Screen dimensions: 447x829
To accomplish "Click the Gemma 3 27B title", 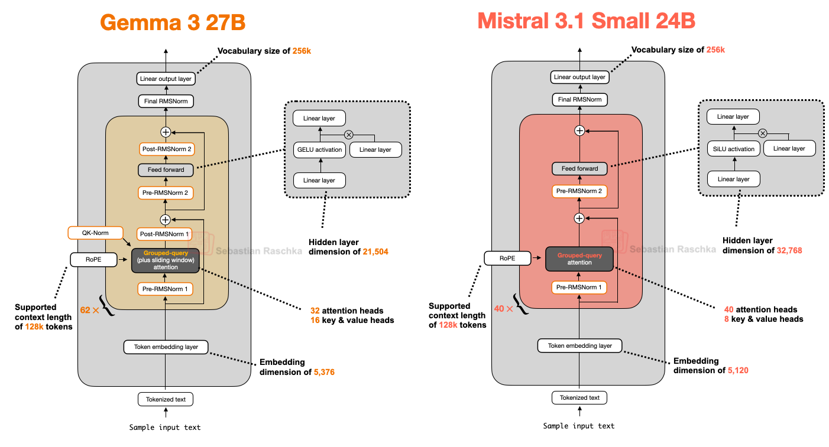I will pos(172,22).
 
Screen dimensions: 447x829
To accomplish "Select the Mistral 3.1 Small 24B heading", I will pos(586,21).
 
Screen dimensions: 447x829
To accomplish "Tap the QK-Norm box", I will pos(96,233).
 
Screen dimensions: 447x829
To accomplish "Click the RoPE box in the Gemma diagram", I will pos(93,259).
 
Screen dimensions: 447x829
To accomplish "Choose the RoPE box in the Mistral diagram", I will pos(507,258).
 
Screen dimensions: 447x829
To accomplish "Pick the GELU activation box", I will pos(319,149).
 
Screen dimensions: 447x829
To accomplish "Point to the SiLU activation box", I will pos(733,149).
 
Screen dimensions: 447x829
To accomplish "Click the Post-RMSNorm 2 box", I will pos(166,149).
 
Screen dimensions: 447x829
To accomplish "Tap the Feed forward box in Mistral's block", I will pos(579,168).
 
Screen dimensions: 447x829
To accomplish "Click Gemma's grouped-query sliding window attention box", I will pos(166,260).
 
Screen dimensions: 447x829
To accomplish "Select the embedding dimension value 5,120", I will pos(738,370).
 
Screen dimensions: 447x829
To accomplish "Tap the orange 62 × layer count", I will pos(90,309).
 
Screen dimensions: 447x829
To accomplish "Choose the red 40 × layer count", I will pos(504,308).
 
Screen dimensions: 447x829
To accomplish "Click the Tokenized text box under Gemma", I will pos(166,399).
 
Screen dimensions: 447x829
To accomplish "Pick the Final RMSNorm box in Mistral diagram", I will pos(579,99).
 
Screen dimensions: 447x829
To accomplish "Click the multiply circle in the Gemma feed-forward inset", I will pos(348,135).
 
